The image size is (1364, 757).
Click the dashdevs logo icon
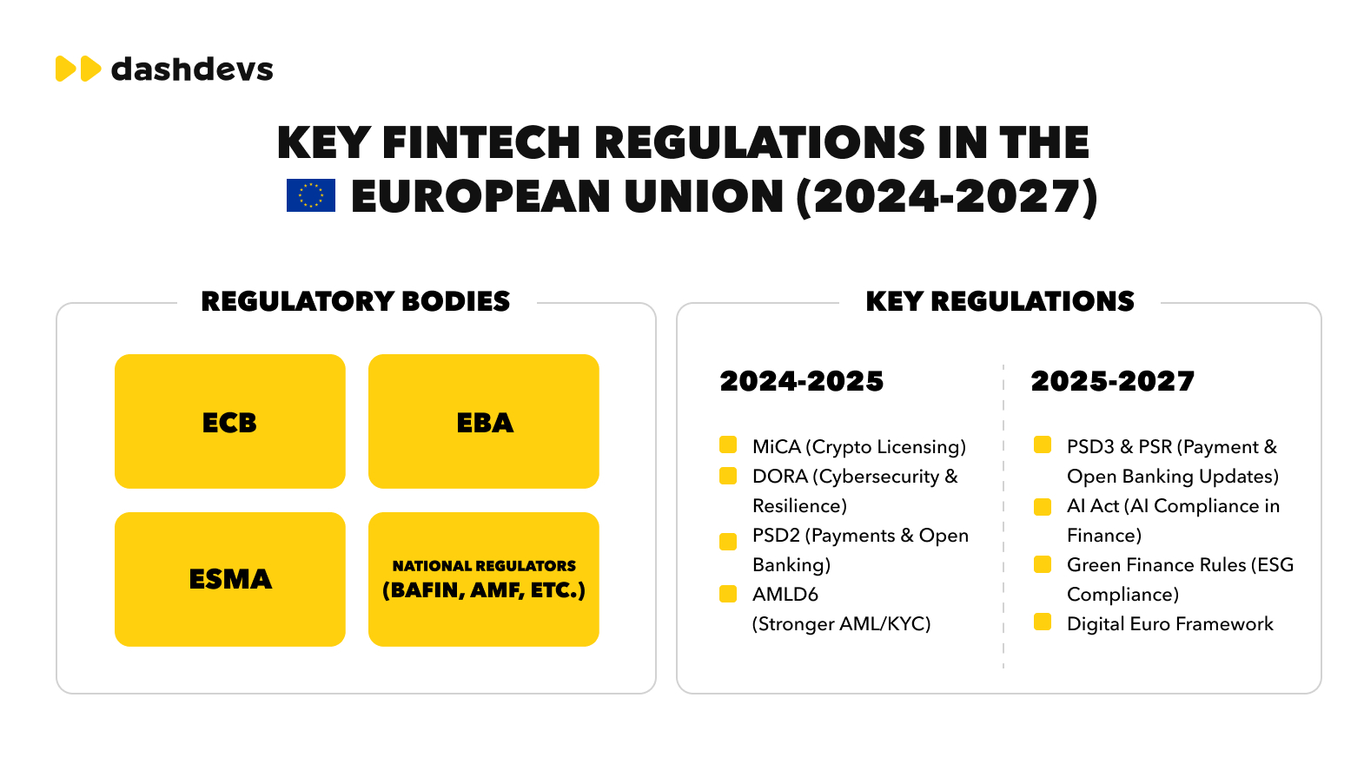[x=78, y=69]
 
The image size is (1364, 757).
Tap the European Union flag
[x=310, y=196]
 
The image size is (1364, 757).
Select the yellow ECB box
[x=229, y=421]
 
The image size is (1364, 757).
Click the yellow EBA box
[x=483, y=421]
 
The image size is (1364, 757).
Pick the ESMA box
[x=229, y=579]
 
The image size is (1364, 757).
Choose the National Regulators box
[x=483, y=579]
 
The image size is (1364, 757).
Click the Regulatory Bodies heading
[x=355, y=301]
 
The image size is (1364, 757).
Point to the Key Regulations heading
[x=1000, y=301]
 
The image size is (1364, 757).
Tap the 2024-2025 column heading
[x=801, y=381]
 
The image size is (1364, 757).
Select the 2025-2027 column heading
[x=1112, y=381]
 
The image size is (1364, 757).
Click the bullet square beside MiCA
[x=728, y=445]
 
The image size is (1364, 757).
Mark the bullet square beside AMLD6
[x=728, y=594]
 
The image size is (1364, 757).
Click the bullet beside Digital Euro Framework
[x=1043, y=622]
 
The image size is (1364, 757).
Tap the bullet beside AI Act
[x=1043, y=506]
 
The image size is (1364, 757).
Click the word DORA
[x=779, y=477]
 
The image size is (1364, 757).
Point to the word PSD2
[x=775, y=536]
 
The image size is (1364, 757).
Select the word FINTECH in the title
[x=480, y=143]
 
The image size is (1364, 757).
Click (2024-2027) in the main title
[x=947, y=197]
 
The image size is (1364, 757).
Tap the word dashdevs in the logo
[x=192, y=69]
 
